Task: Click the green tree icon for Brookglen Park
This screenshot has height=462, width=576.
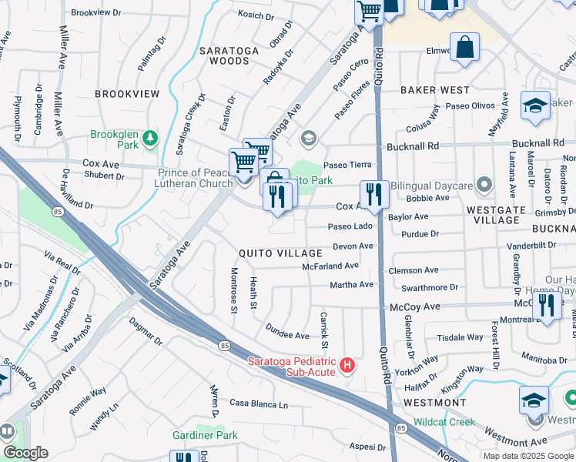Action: [151, 139]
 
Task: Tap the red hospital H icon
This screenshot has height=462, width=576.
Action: [347, 365]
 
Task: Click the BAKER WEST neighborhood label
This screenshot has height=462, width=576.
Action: [435, 90]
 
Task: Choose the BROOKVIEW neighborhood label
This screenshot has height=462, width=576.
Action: [127, 94]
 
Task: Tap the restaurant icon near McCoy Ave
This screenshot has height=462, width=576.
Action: [547, 305]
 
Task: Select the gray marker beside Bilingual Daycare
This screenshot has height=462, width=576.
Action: [484, 185]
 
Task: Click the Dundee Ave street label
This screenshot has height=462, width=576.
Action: [288, 335]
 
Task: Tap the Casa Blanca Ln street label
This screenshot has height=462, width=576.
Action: [258, 404]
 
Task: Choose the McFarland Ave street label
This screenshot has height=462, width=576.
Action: [330, 266]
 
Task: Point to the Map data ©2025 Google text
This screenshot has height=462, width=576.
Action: [527, 455]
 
